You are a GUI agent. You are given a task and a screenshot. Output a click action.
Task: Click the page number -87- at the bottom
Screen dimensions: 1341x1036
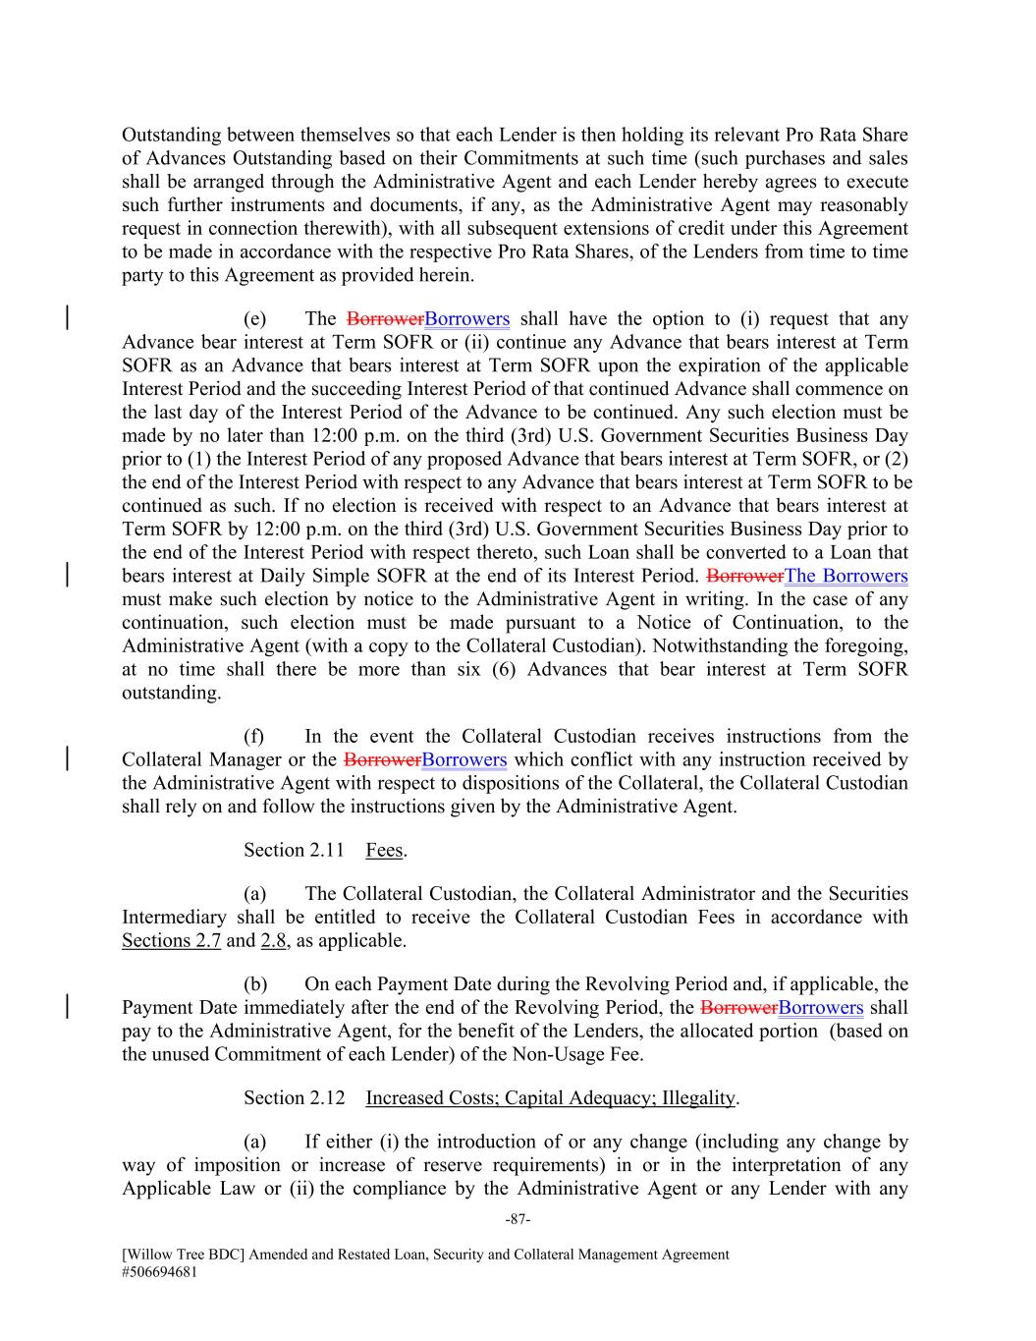pos(518,1219)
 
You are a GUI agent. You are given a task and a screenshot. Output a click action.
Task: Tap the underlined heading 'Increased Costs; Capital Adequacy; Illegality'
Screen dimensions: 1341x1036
pos(550,1097)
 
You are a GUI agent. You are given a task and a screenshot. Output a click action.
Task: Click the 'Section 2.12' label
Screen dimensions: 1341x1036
pos(294,1097)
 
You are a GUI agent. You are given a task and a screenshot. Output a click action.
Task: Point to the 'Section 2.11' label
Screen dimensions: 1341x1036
pos(294,850)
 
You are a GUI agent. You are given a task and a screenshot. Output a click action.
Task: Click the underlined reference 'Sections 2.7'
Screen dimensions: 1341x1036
pos(171,940)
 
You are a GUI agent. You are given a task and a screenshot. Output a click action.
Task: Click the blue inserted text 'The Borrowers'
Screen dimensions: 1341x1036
pos(845,576)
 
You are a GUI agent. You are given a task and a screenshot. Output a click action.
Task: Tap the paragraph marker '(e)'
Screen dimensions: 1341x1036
pos(253,318)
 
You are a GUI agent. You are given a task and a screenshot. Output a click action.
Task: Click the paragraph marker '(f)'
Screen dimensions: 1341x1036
pos(253,736)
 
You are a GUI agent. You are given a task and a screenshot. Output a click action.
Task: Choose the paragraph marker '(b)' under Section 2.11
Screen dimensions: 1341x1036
pos(255,983)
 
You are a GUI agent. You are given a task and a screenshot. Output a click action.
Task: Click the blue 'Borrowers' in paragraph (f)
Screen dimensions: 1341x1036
pos(464,759)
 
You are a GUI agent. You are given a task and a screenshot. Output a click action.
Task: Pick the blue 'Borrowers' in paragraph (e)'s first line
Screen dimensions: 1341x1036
pos(466,318)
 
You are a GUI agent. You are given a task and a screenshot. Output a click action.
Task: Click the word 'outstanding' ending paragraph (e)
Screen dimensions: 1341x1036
pos(171,693)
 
